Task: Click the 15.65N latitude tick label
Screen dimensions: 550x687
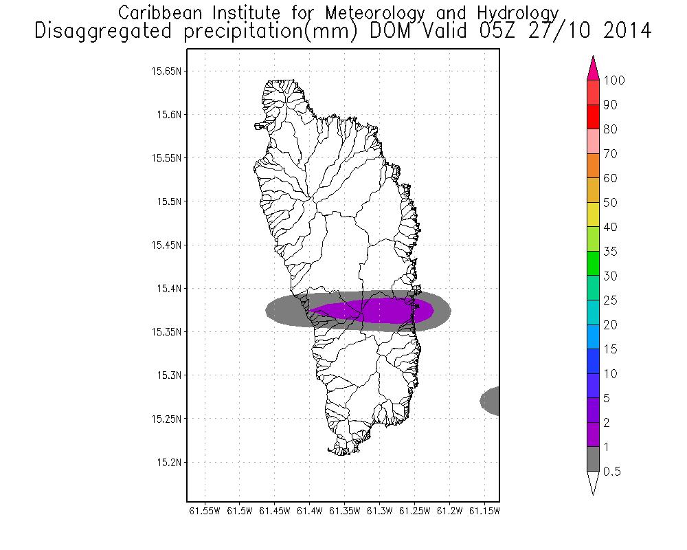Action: point(166,71)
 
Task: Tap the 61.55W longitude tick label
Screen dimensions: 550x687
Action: point(204,511)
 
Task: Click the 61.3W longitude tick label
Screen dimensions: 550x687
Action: point(379,511)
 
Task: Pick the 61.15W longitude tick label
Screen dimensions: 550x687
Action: point(484,511)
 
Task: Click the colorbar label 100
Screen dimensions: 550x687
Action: point(614,80)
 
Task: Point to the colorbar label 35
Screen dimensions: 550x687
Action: point(610,252)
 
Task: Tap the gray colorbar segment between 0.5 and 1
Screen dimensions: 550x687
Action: point(594,459)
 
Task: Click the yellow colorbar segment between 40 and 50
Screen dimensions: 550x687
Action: point(594,214)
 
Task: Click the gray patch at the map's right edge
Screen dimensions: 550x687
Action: point(491,401)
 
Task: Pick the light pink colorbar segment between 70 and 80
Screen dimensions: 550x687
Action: point(594,141)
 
